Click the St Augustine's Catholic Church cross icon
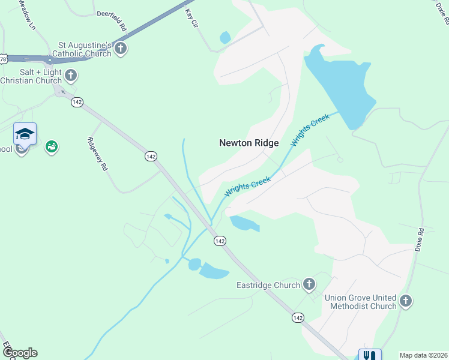(121, 49)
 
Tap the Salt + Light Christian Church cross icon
(71, 76)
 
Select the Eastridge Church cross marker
(309, 284)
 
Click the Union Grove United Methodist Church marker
(406, 301)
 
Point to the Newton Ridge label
(249, 143)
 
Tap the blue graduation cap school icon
(25, 133)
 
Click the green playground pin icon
(52, 146)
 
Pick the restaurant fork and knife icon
(370, 355)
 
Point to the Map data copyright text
(423, 355)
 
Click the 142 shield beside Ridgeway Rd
(151, 156)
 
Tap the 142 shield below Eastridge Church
(298, 317)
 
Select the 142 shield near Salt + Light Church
(76, 102)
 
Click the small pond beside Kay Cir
(225, 38)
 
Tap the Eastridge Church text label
(268, 285)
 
